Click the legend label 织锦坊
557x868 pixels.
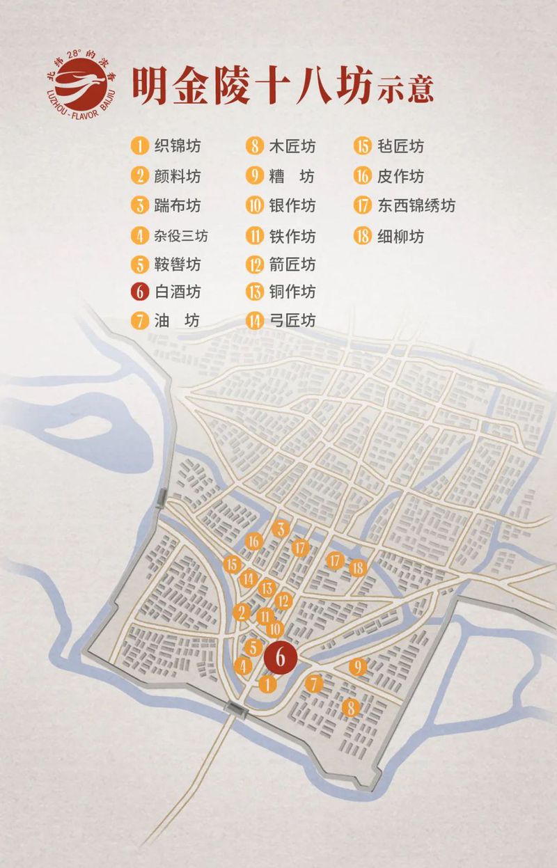[178, 146]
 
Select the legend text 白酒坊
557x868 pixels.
[178, 291]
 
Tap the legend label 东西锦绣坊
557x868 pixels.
[415, 206]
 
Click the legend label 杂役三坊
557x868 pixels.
[181, 236]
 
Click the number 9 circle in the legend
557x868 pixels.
[254, 176]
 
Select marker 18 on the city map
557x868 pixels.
[358, 567]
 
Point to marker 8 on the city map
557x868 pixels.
[352, 708]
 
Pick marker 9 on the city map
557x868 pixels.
[358, 667]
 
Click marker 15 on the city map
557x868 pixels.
[232, 565]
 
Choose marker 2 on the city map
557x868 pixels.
[242, 613]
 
